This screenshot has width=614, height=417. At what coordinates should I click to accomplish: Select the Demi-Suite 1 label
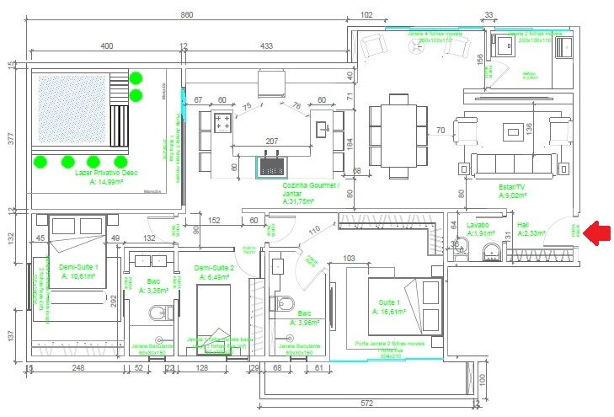(78, 270)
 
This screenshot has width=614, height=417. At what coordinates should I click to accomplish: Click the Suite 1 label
(387, 301)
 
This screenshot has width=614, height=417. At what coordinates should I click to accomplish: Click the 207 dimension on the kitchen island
(272, 140)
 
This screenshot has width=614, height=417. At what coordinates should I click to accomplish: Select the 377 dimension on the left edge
(11, 138)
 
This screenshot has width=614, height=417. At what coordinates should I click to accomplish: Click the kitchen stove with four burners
(223, 123)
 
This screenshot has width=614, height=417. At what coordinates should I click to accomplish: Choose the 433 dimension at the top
(265, 45)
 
